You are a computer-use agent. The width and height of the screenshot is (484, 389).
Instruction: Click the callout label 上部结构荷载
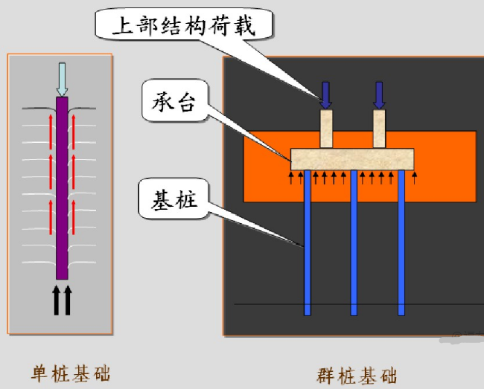(183, 28)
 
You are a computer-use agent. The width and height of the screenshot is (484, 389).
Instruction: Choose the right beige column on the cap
(380, 129)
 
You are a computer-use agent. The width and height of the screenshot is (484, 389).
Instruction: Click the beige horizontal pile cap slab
(353, 158)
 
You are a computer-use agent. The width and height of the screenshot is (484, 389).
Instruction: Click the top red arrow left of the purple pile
(51, 123)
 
